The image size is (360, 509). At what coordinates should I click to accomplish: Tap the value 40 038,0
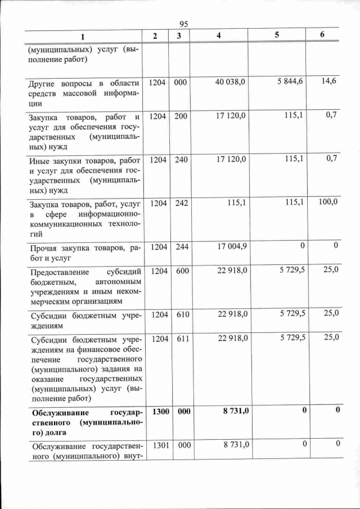click(231, 82)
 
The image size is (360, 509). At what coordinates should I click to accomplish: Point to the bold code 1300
click(160, 412)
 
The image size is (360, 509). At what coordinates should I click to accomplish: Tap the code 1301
click(160, 445)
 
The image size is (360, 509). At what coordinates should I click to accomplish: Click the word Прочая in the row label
click(44, 249)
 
